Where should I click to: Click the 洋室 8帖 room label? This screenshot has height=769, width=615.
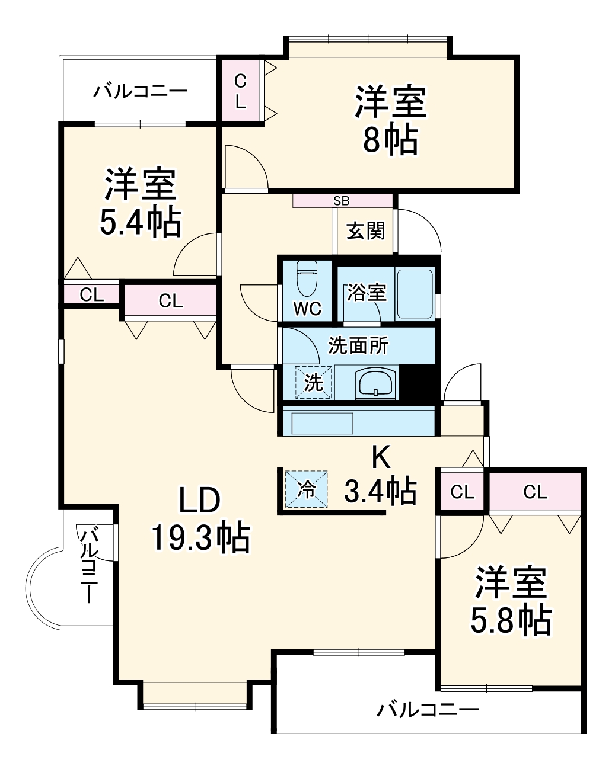point(390,120)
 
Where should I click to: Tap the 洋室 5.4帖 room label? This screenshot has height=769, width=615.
point(140,203)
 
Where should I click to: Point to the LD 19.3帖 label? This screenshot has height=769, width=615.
point(200,519)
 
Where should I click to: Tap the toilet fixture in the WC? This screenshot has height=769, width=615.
point(307,278)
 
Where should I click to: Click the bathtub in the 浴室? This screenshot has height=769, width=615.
point(415,294)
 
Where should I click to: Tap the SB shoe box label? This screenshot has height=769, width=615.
point(342,201)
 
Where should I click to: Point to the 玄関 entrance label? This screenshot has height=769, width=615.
point(366,230)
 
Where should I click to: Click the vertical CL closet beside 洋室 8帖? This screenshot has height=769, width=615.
point(240,91)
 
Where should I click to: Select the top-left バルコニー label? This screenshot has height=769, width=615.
point(140,92)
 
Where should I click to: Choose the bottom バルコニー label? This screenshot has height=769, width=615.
point(428,709)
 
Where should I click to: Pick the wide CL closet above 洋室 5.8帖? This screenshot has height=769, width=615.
point(535,492)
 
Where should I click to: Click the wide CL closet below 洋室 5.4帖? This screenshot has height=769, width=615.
point(170,301)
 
